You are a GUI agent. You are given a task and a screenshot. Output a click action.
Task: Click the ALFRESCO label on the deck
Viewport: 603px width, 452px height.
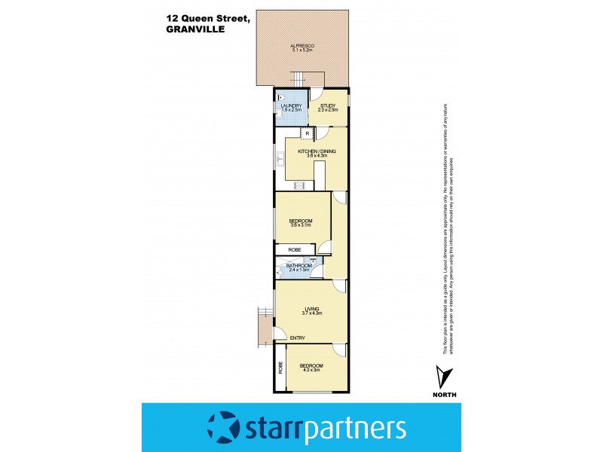302,47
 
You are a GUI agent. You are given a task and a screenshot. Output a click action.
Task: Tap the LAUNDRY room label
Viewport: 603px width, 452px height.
291,105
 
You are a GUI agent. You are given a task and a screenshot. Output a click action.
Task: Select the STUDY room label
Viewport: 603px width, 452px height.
328,105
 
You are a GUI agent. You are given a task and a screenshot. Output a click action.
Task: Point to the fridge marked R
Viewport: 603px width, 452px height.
306,134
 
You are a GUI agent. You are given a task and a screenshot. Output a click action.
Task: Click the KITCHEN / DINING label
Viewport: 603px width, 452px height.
317,151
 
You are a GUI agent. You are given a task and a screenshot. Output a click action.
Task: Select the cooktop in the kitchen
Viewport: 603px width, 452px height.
298,185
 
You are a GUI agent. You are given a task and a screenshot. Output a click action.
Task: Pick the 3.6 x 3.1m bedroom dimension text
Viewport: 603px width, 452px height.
301,224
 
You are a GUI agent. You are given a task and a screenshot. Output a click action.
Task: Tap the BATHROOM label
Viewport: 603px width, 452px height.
298,265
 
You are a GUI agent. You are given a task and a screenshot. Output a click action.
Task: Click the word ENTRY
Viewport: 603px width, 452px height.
298,338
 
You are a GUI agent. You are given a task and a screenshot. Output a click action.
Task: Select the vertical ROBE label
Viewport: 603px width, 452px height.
280,368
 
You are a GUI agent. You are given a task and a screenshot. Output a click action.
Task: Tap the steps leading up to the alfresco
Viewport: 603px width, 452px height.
301,78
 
